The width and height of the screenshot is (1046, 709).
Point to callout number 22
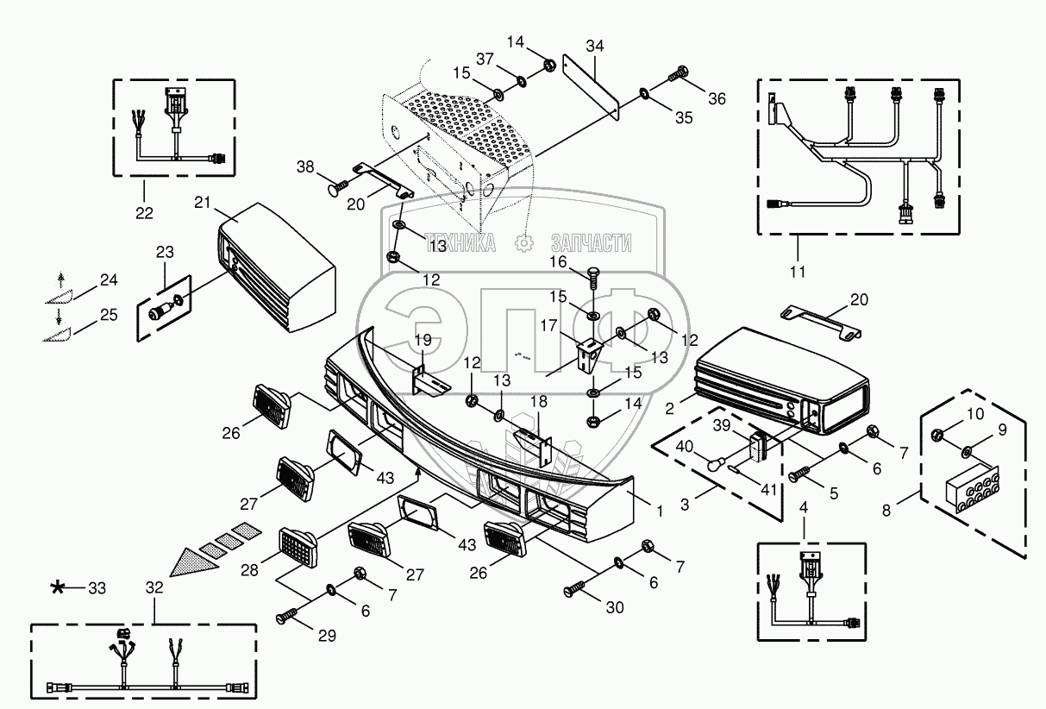143,212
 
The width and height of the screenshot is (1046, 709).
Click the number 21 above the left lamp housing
202,202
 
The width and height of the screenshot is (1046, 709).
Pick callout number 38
306,166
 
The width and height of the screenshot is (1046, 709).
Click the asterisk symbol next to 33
58,588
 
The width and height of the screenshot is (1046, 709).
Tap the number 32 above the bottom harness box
154,587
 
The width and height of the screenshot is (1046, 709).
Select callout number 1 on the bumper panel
660,511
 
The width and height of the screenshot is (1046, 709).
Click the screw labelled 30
575,590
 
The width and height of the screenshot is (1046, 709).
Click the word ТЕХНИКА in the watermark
462,244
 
